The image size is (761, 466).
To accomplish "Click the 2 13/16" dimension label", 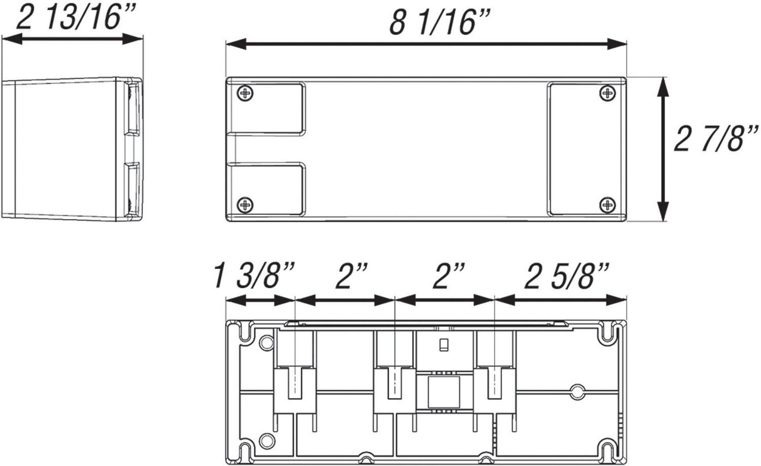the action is click(x=76, y=17).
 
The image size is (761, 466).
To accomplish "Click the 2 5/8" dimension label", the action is click(x=566, y=276).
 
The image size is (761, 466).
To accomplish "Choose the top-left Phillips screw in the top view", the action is click(x=245, y=92).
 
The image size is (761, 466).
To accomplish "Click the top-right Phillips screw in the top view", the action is click(x=607, y=93).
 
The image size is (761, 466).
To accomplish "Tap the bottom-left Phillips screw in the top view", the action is click(x=245, y=205).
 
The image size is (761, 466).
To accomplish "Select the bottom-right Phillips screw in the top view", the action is click(x=607, y=205).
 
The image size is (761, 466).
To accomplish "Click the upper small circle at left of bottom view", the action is click(x=266, y=343).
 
